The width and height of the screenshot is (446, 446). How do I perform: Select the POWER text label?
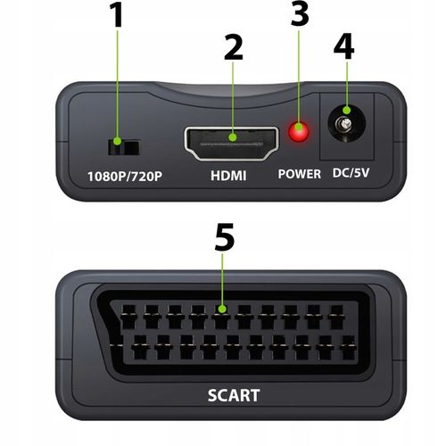click(299, 174)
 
